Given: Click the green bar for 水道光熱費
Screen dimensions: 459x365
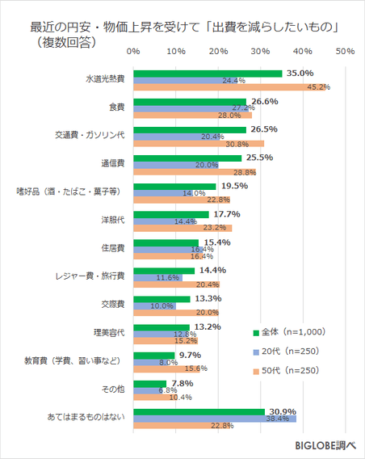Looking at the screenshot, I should pos(208,74).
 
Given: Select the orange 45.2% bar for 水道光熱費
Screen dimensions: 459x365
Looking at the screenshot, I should pos(229,87).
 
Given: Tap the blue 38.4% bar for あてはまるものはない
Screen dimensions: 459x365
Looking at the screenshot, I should pos(215,419).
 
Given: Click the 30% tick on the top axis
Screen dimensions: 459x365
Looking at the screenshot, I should pos(260,52).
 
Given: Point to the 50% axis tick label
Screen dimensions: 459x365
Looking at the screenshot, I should pos(345,52).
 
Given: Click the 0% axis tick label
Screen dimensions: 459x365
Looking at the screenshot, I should pos(134,52).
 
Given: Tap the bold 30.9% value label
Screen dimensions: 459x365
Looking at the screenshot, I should pos(282,411).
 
